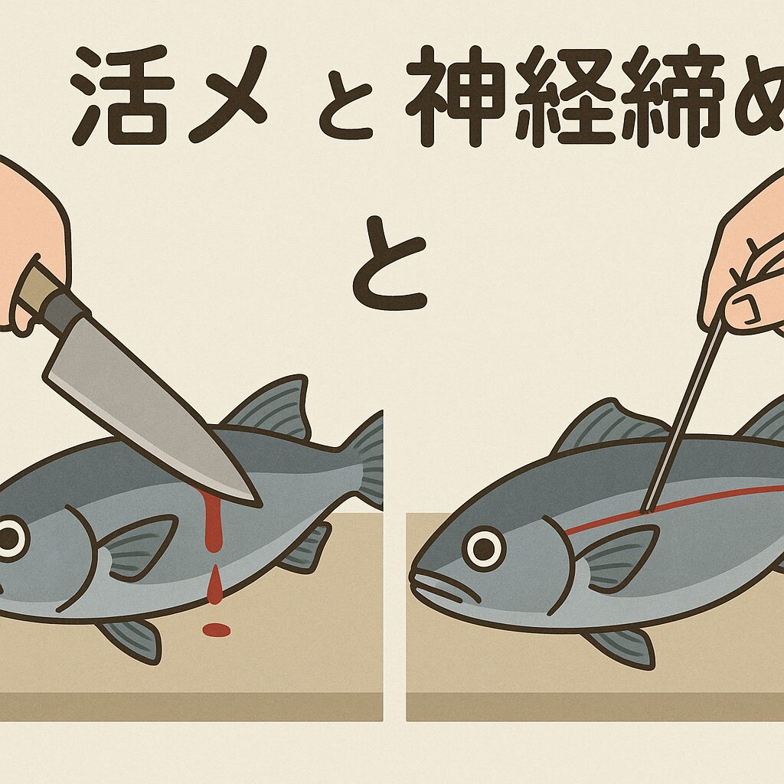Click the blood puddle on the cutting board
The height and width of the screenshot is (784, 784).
point(216,629)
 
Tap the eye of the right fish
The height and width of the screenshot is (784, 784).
point(484,547)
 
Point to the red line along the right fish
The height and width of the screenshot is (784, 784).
point(689,501)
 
